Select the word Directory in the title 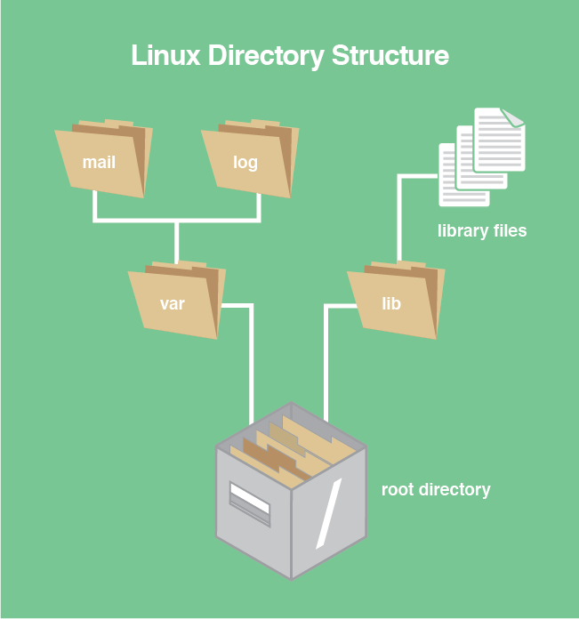coord(265,55)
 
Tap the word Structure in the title coord(390,55)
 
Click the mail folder coord(102,160)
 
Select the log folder coord(248,160)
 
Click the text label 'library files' coord(482,231)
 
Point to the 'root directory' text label coord(436,490)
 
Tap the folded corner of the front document coord(514,117)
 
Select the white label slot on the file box coord(249,498)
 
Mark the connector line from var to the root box coord(251,356)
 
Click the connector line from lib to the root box coord(327,356)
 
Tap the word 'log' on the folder coord(245,163)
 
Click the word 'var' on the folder coord(173,304)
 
